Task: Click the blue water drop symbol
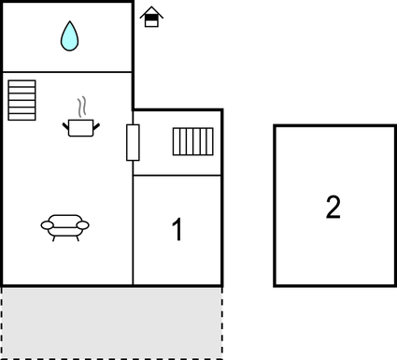point(70,36)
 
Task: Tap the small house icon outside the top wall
point(150,17)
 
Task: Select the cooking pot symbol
point(81,126)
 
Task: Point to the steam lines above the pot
point(82,104)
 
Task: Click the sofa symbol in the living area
point(65,226)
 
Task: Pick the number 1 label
point(177,230)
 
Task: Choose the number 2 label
point(333,207)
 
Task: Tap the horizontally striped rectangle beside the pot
point(22,100)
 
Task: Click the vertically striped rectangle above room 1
point(193,142)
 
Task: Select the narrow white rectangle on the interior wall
point(133,142)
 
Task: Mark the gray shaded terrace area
point(112,321)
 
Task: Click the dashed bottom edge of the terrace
point(112,356)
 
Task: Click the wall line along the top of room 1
point(177,175)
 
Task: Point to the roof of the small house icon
point(150,11)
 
